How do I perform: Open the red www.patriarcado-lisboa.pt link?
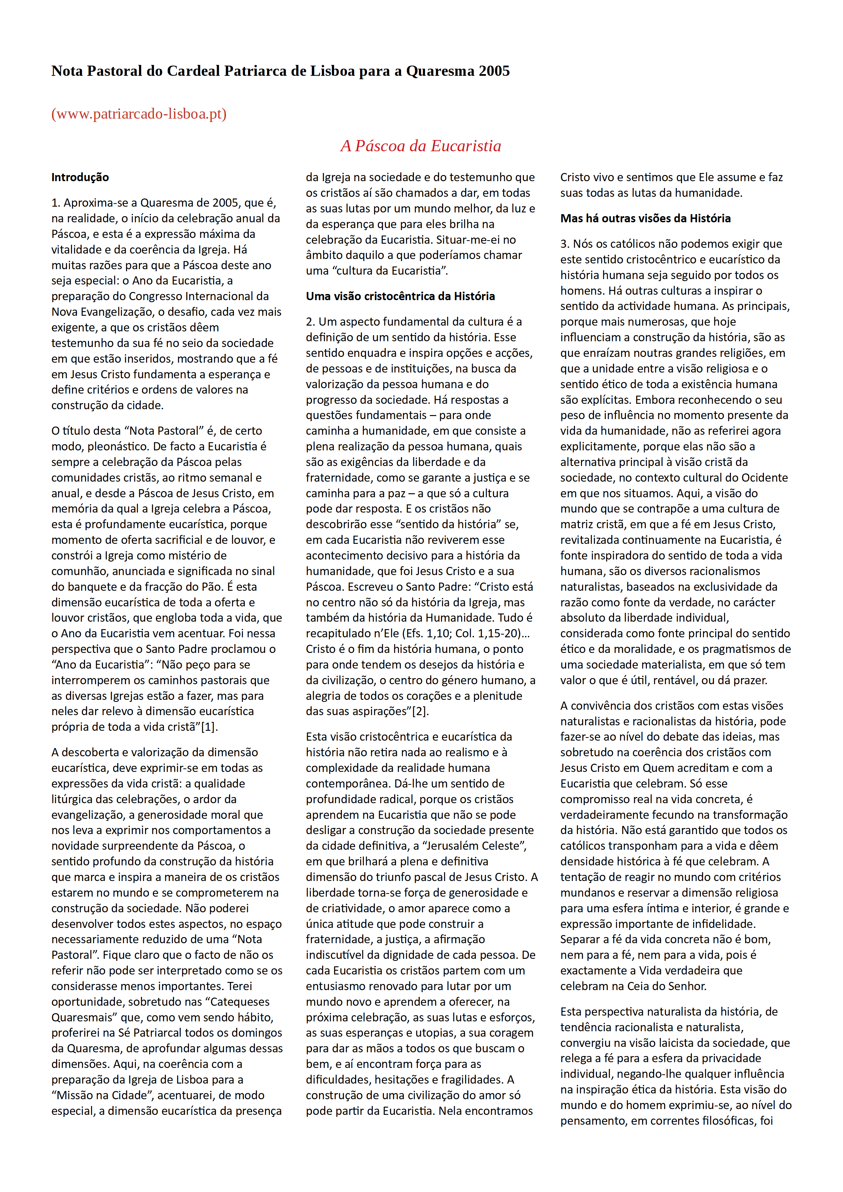pos(139,114)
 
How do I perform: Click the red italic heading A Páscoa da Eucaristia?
pos(420,146)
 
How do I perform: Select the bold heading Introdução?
pos(80,177)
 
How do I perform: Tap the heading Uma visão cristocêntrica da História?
pos(400,296)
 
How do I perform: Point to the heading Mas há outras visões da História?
pos(645,219)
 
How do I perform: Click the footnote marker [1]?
pos(208,727)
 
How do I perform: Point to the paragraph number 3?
pos(564,244)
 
